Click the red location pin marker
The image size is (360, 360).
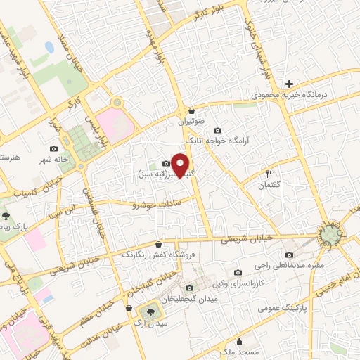tap(181, 165)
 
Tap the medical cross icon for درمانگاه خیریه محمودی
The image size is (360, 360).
tap(288, 84)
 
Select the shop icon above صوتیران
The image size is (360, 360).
tap(192, 110)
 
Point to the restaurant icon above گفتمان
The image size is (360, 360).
tap(269, 174)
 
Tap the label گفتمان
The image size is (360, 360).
tap(269, 184)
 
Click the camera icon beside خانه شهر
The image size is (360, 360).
tap(54, 148)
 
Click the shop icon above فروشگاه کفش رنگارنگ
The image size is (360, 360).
tap(167, 243)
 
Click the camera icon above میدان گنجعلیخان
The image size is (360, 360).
tap(188, 288)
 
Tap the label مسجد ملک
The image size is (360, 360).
tap(239, 351)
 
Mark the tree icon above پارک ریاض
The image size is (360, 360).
tap(6, 215)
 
